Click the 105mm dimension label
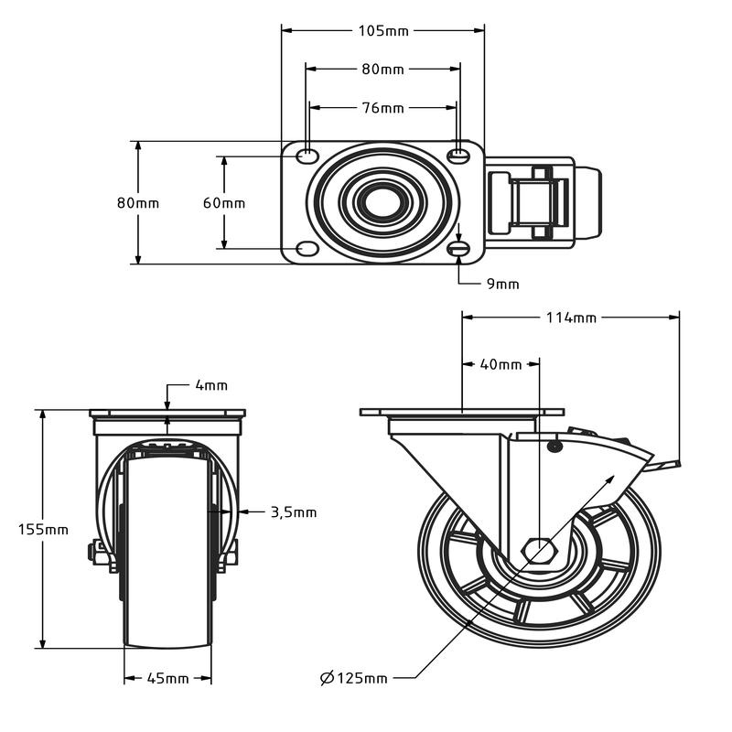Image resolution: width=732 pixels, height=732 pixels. pyautogui.click(x=382, y=30)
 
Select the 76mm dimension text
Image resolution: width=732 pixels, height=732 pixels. pyautogui.click(x=382, y=108)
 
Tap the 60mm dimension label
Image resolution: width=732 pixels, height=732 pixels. pyautogui.click(x=224, y=203)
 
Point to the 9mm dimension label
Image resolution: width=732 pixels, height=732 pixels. pyautogui.click(x=502, y=284)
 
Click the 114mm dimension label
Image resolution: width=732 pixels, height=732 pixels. pyautogui.click(x=571, y=318)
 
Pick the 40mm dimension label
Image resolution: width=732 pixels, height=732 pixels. pyautogui.click(x=501, y=364)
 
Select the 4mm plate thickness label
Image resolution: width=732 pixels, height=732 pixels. pyautogui.click(x=211, y=385)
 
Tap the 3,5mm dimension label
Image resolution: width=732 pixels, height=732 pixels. pyautogui.click(x=294, y=512)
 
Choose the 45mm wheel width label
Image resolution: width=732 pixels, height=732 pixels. pyautogui.click(x=168, y=678)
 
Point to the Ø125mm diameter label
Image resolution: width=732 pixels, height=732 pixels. pyautogui.click(x=353, y=678)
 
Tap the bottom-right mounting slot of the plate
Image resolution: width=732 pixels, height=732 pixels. pyautogui.click(x=459, y=249)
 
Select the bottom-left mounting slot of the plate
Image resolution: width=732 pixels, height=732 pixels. pyautogui.click(x=308, y=249)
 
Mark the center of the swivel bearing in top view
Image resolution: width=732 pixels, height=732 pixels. pyautogui.click(x=382, y=202)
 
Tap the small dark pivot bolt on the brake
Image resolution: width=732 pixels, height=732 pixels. pyautogui.click(x=554, y=447)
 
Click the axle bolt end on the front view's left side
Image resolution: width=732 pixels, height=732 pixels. pyautogui.click(x=92, y=553)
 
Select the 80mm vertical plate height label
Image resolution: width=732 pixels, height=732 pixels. pyautogui.click(x=138, y=203)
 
